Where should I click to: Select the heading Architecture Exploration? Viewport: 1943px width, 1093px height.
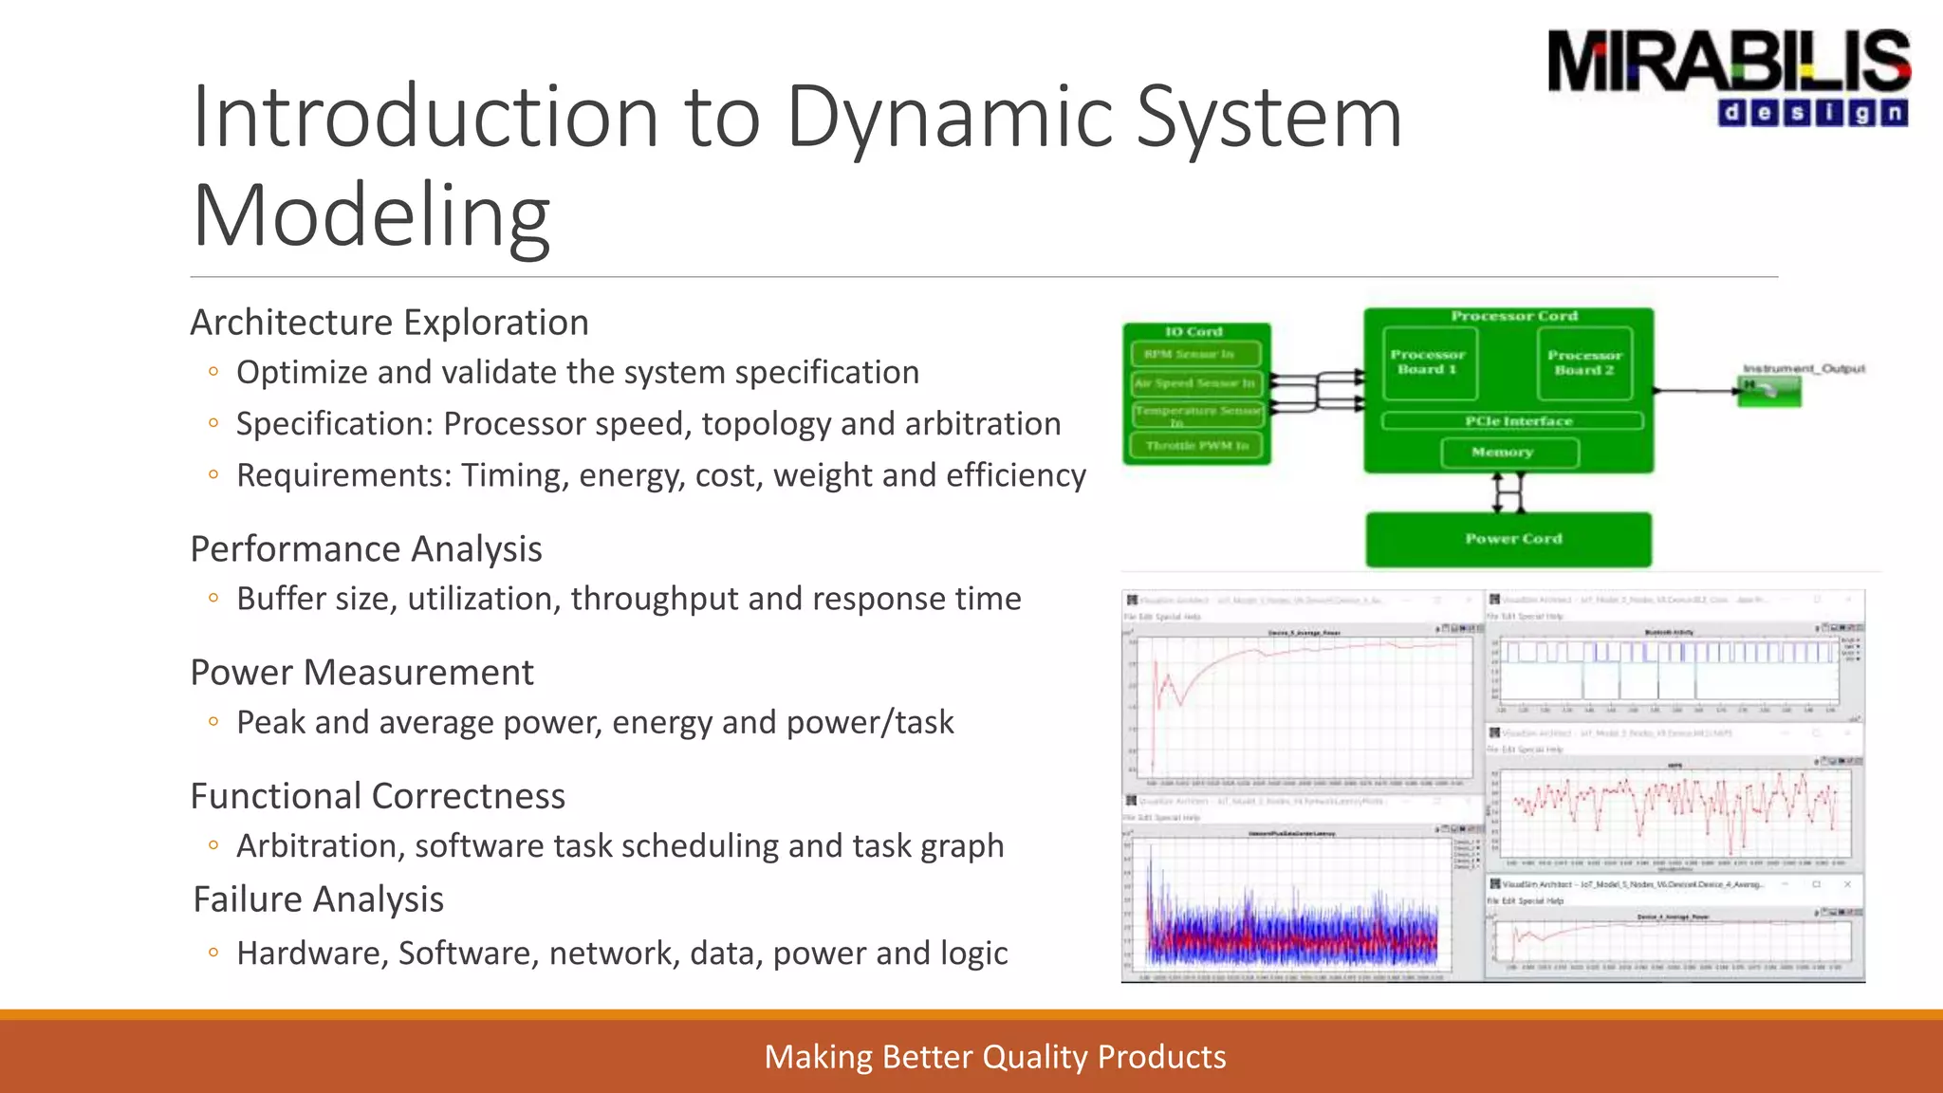tap(389, 323)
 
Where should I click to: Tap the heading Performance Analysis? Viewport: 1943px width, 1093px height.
tap(366, 549)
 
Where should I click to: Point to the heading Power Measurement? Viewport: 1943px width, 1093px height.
tap(361, 673)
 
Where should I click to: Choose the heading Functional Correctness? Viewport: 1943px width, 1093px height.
tap(378, 796)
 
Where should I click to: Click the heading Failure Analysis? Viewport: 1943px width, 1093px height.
tap(318, 899)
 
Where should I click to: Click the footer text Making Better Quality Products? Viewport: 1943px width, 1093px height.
tap(994, 1057)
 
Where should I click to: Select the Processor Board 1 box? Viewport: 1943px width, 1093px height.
tap(1429, 362)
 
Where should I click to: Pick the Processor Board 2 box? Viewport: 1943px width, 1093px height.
tap(1584, 362)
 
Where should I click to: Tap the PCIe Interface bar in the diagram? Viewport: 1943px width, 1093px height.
tap(1512, 420)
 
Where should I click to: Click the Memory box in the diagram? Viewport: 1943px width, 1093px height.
tap(1508, 453)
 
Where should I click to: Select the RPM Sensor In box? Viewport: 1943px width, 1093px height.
tap(1195, 354)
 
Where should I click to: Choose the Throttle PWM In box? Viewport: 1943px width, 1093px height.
tap(1195, 446)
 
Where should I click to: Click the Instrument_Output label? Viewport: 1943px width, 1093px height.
tap(1803, 368)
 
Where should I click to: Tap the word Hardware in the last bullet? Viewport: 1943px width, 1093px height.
tap(312, 954)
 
